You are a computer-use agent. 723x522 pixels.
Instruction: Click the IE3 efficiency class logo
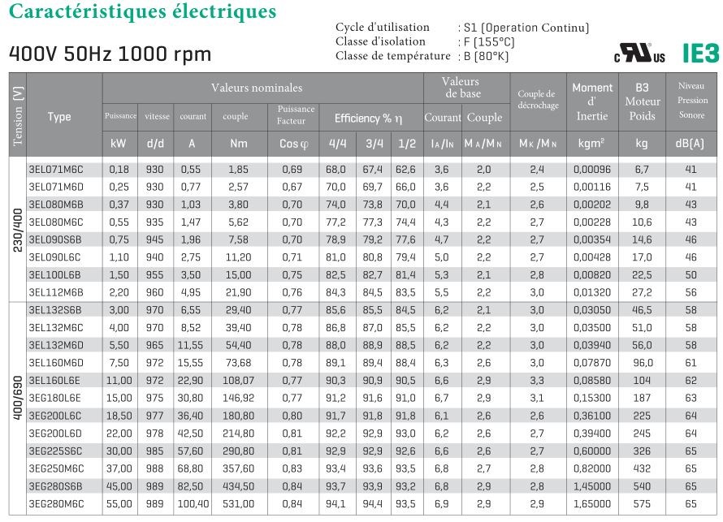[x=701, y=54]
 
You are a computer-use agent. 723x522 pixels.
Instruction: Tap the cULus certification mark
[x=639, y=55]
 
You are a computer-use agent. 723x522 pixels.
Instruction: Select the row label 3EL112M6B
[x=56, y=291]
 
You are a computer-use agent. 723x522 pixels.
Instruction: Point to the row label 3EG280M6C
[x=56, y=503]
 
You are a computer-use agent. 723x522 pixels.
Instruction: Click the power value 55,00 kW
[x=119, y=503]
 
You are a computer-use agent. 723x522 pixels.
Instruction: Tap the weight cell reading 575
[x=642, y=503]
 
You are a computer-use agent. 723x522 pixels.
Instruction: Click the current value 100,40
[x=193, y=503]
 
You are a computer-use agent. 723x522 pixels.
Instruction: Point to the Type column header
[x=59, y=117]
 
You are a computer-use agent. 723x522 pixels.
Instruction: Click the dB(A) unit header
[x=691, y=144]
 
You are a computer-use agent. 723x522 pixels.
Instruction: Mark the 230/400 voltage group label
[x=18, y=230]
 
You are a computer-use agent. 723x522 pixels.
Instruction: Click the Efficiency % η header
[x=369, y=119]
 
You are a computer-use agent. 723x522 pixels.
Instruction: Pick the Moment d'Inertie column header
[x=592, y=101]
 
